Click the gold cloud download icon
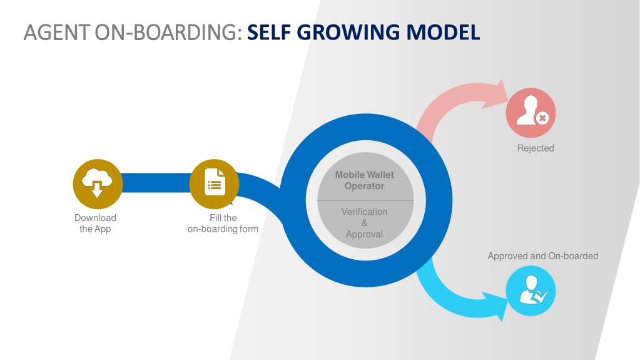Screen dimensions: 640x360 coord(98,184)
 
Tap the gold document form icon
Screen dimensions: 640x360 coord(215,184)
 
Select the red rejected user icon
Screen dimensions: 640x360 coord(531,113)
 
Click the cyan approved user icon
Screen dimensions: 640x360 coord(531,291)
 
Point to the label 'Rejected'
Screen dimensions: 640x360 coord(536,148)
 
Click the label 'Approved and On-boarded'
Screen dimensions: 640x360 coord(543,256)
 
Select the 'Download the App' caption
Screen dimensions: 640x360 coord(95,223)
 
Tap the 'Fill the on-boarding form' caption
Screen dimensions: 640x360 coord(223,223)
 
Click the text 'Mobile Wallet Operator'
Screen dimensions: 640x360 coord(365,180)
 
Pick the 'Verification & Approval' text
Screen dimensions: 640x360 coord(365,223)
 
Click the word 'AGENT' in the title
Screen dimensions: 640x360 coord(57,33)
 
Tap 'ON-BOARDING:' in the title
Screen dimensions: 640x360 coord(168,33)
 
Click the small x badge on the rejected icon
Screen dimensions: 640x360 coord(542,118)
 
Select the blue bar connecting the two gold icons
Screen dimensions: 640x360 coord(156,183)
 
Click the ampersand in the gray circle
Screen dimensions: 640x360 coord(365,223)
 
